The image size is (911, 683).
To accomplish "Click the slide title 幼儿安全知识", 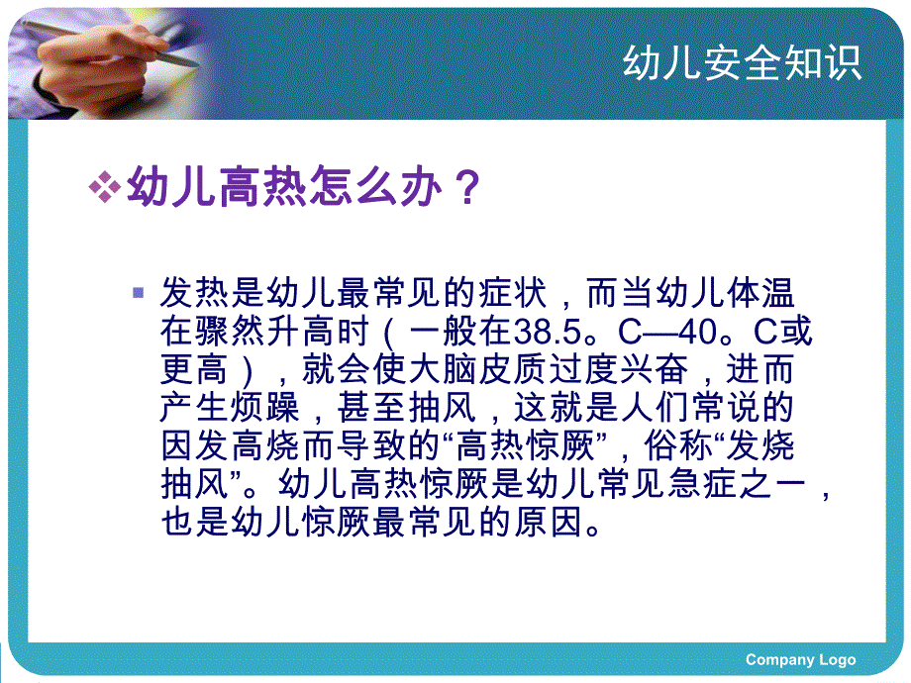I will pos(743,62).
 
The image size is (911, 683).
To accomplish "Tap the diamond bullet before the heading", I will pos(104,186).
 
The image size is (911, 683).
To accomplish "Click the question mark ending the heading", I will pos(465,186).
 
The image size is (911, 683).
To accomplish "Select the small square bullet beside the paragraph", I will pos(139,293).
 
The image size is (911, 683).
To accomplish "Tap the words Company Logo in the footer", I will pos(800,659).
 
